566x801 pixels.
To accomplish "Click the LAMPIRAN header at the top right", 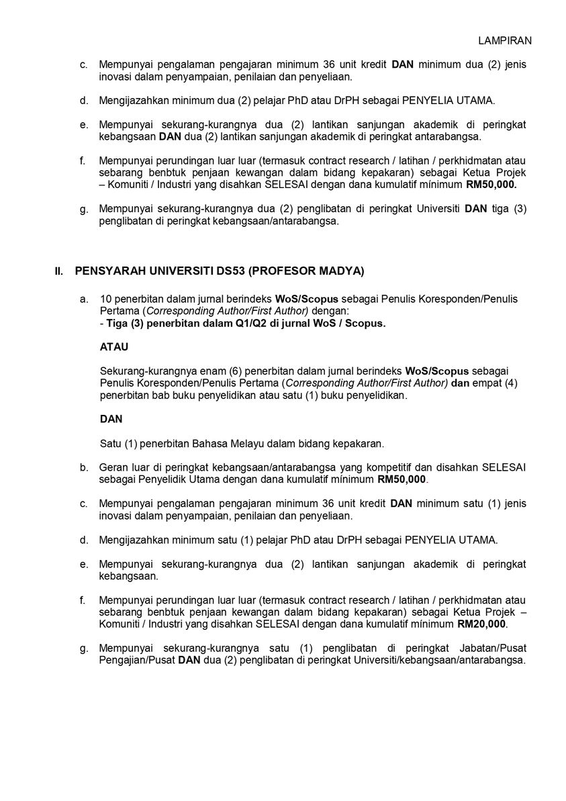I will pyautogui.click(x=505, y=40).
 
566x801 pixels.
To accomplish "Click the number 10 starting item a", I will pyautogui.click(x=105, y=298).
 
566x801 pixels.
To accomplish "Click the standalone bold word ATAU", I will pyautogui.click(x=113, y=347).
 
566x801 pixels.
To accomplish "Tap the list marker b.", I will pyautogui.click(x=84, y=467).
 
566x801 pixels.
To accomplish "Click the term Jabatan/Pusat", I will pyautogui.click(x=493, y=648).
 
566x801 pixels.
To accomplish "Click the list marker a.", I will pyautogui.click(x=84, y=298).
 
